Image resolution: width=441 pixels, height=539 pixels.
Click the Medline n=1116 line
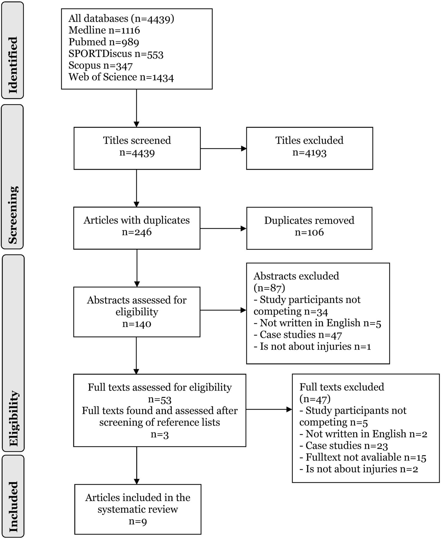[104, 30]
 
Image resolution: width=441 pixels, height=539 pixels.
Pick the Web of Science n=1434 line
[121, 77]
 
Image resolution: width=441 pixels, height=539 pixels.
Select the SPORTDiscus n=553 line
[116, 54]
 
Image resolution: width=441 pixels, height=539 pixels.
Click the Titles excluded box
[310, 148]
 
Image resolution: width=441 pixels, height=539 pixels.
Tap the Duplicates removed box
[309, 228]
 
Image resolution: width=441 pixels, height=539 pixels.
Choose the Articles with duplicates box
[137, 228]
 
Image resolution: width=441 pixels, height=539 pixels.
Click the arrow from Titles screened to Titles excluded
[223, 149]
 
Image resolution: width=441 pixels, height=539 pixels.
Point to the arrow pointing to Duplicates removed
[223, 228]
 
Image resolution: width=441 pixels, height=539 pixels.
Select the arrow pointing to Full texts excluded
[269, 410]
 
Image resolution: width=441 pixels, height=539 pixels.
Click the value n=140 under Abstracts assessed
[137, 324]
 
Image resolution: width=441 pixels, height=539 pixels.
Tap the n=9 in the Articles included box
[138, 521]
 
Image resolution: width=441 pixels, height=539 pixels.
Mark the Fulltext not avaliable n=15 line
[363, 457]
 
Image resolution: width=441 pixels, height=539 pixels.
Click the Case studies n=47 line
[298, 334]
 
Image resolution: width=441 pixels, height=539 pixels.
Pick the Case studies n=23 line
[344, 446]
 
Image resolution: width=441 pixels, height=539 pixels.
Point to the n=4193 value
[310, 153]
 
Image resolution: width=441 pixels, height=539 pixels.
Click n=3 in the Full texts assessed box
[160, 434]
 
